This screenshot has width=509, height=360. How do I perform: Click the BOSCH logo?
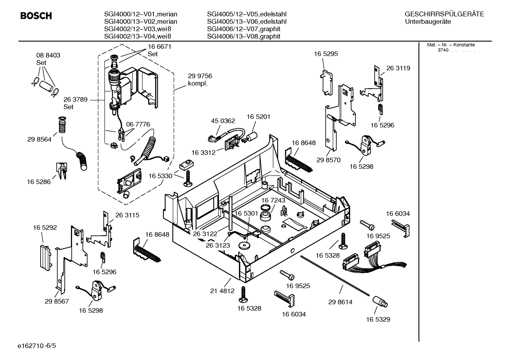click(36, 16)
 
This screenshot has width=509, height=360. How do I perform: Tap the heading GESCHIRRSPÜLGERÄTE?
click(444, 14)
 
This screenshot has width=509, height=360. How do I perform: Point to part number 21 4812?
click(222, 291)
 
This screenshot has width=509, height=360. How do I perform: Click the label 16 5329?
click(378, 319)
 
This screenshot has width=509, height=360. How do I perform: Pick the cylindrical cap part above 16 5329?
click(380, 302)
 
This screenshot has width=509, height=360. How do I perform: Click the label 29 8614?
click(340, 302)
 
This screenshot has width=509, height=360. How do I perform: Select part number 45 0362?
click(223, 121)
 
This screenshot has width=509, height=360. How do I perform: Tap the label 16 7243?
click(273, 200)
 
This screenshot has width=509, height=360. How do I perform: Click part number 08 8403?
click(48, 55)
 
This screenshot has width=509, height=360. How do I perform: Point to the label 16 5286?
click(39, 182)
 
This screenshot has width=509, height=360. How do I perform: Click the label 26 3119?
click(398, 68)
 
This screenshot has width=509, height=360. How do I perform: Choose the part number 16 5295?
click(326, 54)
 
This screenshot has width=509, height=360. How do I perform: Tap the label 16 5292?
click(45, 228)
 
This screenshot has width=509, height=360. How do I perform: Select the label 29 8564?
click(39, 140)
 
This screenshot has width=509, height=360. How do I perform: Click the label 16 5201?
click(258, 117)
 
